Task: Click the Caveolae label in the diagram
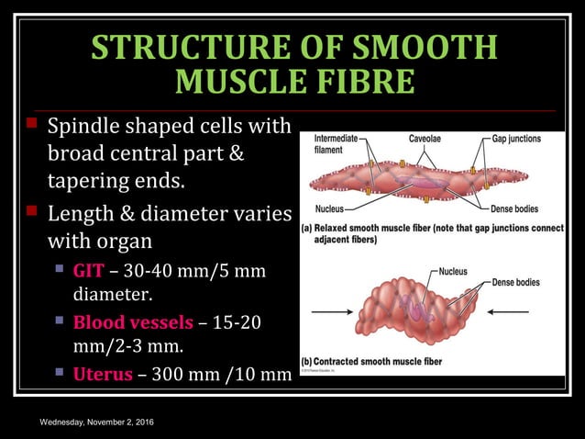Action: pyautogui.click(x=427, y=139)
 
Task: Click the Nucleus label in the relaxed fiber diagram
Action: pyautogui.click(x=329, y=208)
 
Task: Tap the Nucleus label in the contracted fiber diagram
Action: pyautogui.click(x=453, y=271)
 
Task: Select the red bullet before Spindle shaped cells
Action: pyautogui.click(x=31, y=122)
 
